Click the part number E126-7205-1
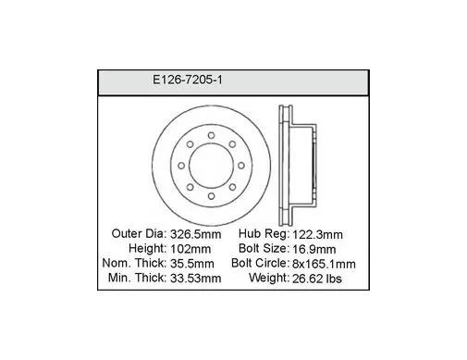[188, 80]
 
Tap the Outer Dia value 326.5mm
[195, 234]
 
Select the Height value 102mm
[190, 249]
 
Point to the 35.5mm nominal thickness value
[192, 264]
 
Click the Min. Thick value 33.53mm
[195, 279]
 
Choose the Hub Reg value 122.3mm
[317, 234]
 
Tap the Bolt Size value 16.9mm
[313, 249]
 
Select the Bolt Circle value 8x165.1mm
[324, 264]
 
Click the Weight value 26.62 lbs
[317, 279]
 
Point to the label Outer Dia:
[139, 234]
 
